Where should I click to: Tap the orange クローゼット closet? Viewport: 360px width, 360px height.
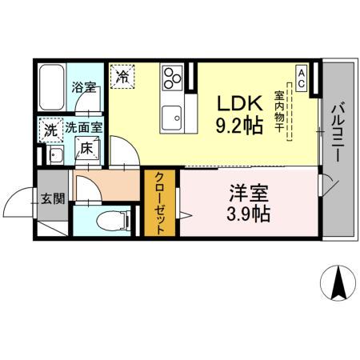click(x=159, y=203)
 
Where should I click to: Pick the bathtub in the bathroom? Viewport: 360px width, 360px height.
click(x=50, y=89)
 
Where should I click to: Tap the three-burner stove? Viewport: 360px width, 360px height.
click(x=173, y=77)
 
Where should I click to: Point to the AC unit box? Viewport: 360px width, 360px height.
click(x=302, y=76)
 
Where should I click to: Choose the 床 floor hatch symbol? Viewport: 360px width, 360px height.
click(x=84, y=147)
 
